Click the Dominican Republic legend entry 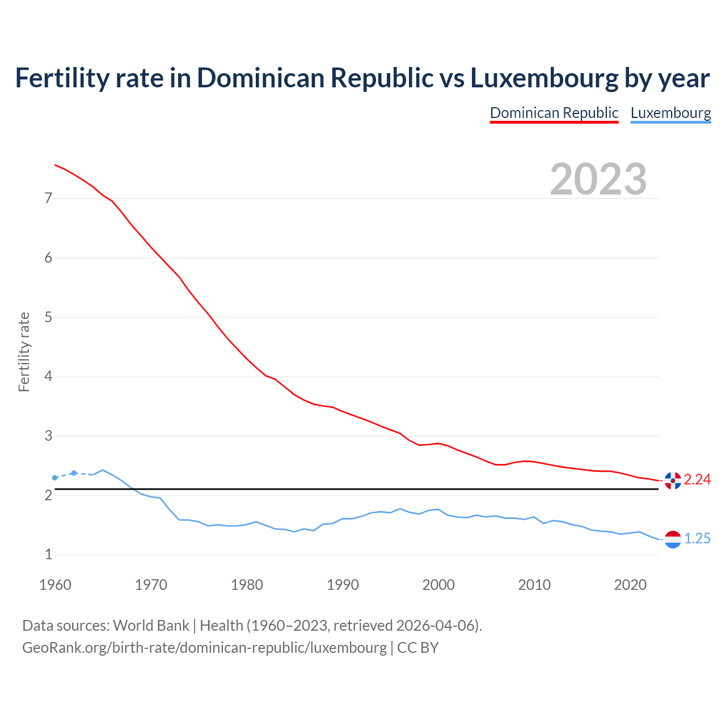tap(554, 113)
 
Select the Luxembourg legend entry tap(670, 113)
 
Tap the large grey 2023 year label tap(598, 179)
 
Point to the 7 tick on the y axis tap(48, 199)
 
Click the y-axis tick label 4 tap(48, 377)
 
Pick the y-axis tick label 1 tap(48, 555)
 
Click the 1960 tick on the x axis tap(55, 585)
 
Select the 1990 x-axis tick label tap(343, 585)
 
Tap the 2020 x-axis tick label tap(630, 585)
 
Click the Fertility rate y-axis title tap(24, 352)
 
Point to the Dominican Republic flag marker tap(673, 480)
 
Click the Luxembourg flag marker tap(673, 539)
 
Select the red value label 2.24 tap(697, 480)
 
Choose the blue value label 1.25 tap(697, 539)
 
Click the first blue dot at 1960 tap(54, 478)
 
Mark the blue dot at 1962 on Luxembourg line tap(74, 473)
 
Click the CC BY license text tap(417, 648)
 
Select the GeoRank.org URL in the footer tap(204, 648)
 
